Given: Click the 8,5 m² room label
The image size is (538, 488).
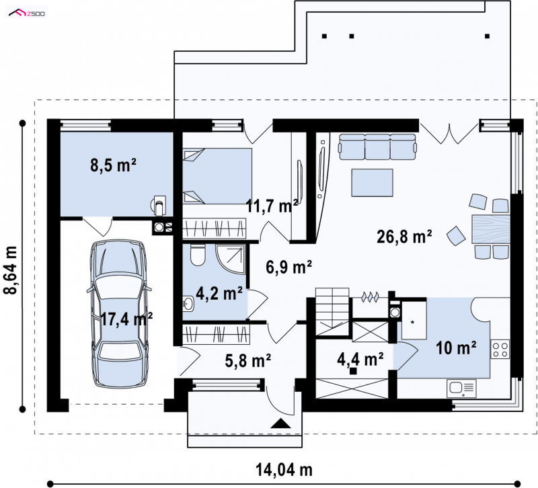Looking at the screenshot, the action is pyautogui.click(x=113, y=165).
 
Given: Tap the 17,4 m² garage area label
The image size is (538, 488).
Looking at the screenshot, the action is pyautogui.click(x=126, y=319).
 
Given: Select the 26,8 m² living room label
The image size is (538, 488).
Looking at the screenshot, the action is pyautogui.click(x=404, y=237).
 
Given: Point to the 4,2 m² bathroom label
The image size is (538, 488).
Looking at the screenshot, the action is pyautogui.click(x=219, y=293).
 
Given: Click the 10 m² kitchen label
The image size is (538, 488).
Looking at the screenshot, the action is pyautogui.click(x=456, y=348).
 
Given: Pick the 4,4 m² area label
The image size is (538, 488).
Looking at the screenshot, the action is pyautogui.click(x=360, y=359).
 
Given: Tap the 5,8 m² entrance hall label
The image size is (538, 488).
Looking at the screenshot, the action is pyautogui.click(x=248, y=360).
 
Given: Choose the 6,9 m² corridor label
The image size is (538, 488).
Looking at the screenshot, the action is pyautogui.click(x=289, y=267).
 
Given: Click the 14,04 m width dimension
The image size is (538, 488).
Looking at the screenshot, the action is pyautogui.click(x=284, y=469).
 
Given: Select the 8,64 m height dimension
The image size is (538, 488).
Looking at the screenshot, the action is pyautogui.click(x=11, y=270).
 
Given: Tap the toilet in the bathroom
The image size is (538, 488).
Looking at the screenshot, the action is pyautogui.click(x=197, y=255).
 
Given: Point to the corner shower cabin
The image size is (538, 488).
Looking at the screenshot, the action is pyautogui.click(x=231, y=259).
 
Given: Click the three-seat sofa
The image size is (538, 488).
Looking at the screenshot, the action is pyautogui.click(x=377, y=147).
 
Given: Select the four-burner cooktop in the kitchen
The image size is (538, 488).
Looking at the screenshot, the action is pyautogui.click(x=500, y=349).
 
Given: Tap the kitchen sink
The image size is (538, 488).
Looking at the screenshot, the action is pyautogui.click(x=461, y=389).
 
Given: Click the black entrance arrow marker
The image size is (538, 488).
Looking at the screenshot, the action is pyautogui.click(x=280, y=423).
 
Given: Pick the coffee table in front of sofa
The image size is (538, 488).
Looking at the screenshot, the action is pyautogui.click(x=372, y=182).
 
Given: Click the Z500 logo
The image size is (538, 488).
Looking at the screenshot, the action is pyautogui.click(x=27, y=13).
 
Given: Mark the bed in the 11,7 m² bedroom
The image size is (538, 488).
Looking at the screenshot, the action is pyautogui.click(x=217, y=176).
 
